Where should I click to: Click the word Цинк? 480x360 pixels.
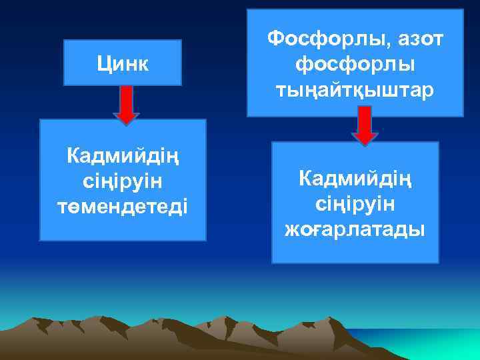point(123,63)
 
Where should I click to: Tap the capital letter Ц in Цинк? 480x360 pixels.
point(103,64)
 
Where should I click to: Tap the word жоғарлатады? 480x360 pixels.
point(355,230)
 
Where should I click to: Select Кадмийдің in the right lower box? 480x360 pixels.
point(355,179)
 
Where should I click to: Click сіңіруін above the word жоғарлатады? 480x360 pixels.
point(355,204)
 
